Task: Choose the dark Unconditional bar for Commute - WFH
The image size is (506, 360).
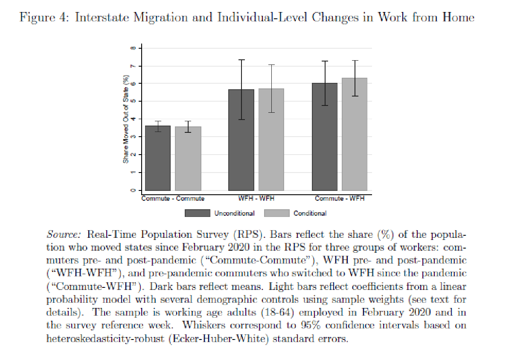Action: (325, 137)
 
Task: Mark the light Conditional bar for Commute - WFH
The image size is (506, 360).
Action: (354, 134)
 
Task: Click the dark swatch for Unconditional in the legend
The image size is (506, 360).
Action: (197, 213)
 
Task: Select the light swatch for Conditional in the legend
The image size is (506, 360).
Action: (277, 213)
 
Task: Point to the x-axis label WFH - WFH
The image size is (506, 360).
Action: (256, 199)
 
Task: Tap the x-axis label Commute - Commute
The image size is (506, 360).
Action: (173, 199)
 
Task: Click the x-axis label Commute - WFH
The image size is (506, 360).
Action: (340, 199)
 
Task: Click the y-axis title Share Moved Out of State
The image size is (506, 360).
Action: (126, 120)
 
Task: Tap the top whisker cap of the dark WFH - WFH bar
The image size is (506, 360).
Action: (241, 60)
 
